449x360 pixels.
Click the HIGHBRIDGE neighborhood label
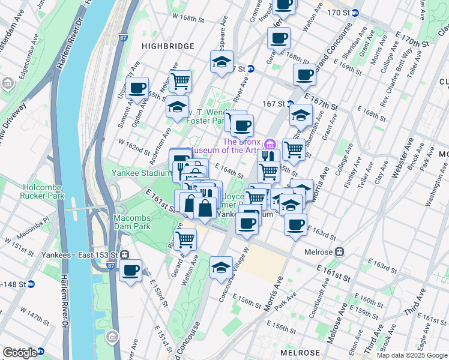(167, 46)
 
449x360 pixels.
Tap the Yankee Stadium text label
(142, 173)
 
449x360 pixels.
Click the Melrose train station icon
(340, 251)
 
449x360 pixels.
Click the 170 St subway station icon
(355, 13)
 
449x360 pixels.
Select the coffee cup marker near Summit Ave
(137, 88)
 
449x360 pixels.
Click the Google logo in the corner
(20, 353)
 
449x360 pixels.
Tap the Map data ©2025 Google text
(411, 355)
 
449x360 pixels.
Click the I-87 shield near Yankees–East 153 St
(111, 265)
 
